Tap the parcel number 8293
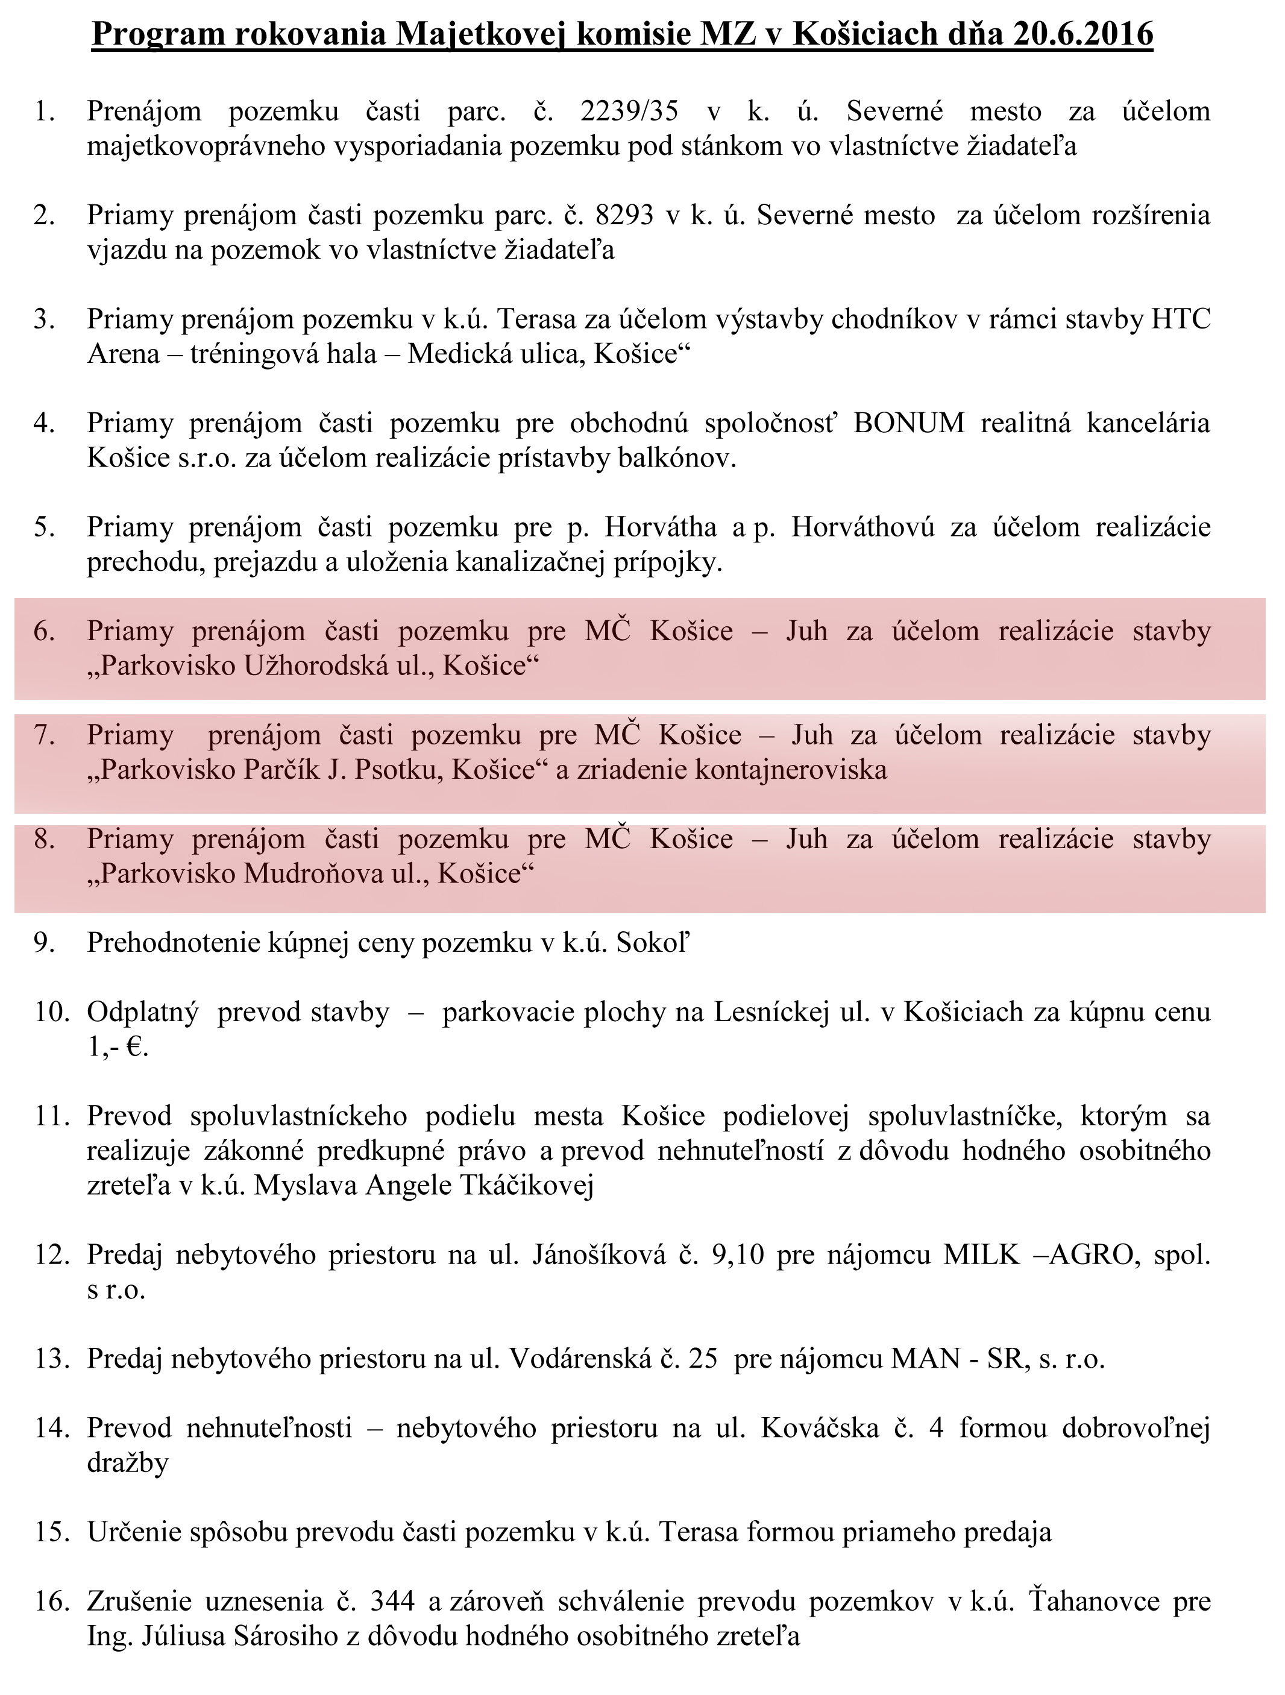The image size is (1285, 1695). [624, 215]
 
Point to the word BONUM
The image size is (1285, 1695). [909, 423]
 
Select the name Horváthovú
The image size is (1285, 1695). [863, 527]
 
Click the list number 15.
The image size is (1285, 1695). [51, 1532]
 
